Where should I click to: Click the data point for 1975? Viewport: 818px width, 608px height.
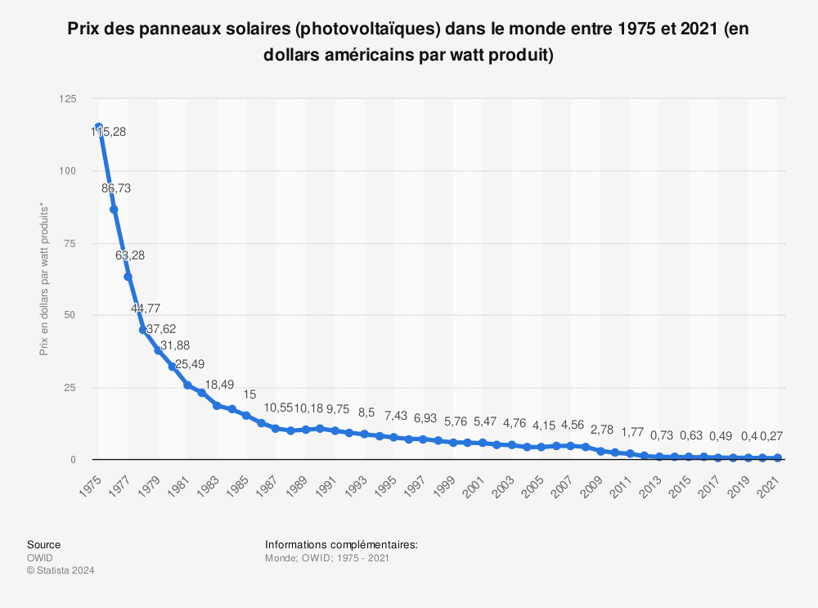(x=99, y=128)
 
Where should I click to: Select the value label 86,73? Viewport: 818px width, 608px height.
(x=116, y=188)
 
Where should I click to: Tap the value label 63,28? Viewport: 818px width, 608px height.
(x=131, y=256)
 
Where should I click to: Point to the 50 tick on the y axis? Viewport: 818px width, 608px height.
(x=71, y=315)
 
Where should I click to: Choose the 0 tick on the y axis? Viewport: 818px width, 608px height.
(x=74, y=459)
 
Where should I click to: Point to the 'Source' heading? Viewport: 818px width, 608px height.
(x=43, y=544)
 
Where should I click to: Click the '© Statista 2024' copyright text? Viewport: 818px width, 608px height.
(x=61, y=570)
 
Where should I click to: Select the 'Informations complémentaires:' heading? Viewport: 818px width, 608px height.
(x=341, y=544)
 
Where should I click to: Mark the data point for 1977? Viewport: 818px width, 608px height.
(x=128, y=277)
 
